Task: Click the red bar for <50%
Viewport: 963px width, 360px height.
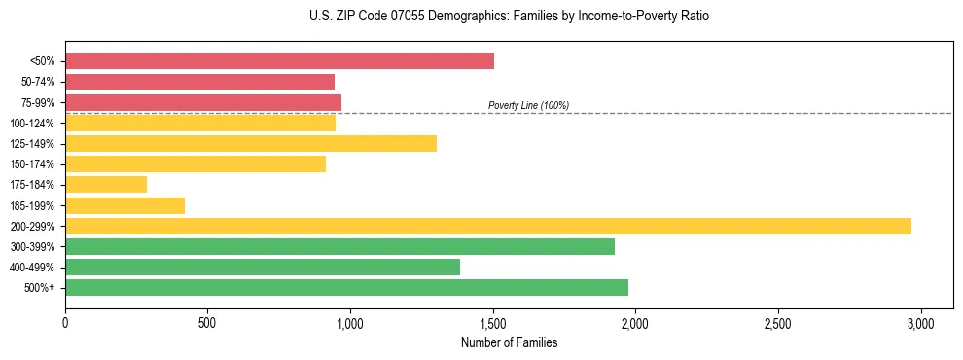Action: click(x=279, y=61)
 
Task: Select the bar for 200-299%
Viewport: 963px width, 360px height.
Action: click(x=488, y=226)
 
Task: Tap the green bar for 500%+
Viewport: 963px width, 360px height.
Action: click(x=346, y=287)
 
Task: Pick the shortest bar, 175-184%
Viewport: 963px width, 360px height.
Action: click(x=106, y=184)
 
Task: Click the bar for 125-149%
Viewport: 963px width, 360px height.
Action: click(x=251, y=143)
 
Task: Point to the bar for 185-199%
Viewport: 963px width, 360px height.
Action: click(x=125, y=205)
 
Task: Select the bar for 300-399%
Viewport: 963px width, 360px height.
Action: click(x=339, y=246)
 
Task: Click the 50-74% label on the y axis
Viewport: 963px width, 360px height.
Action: click(x=38, y=82)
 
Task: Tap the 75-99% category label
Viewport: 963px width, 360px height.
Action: click(x=38, y=102)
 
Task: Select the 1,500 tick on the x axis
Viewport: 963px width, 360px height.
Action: click(x=493, y=321)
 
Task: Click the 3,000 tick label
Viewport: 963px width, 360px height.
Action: click(x=921, y=321)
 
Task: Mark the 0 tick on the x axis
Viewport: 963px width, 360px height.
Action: click(x=65, y=321)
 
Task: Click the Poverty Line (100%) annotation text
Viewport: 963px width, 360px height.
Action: click(x=528, y=105)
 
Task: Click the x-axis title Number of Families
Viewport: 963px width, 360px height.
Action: click(x=509, y=342)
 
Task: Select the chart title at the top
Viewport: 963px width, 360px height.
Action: click(x=509, y=17)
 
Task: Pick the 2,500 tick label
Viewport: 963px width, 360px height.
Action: click(x=778, y=321)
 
